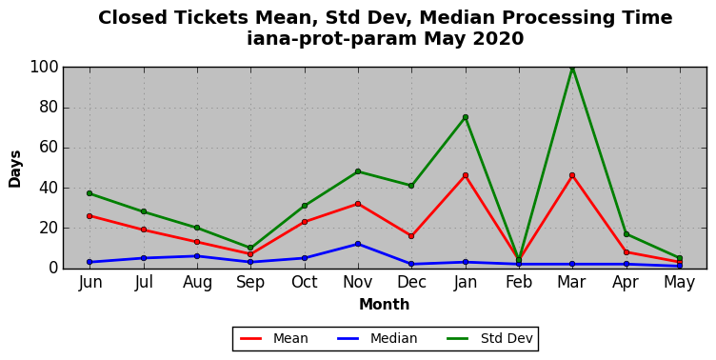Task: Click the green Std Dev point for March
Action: point(572,68)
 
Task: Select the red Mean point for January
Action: point(466,175)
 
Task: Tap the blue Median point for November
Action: point(358,244)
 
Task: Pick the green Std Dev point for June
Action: point(89,193)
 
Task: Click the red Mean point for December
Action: point(411,236)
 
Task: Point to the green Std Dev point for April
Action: point(626,234)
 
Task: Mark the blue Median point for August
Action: point(197,256)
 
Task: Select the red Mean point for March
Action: point(572,175)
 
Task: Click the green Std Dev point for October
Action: point(305,206)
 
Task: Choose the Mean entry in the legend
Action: point(274,338)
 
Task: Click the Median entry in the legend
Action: point(377,338)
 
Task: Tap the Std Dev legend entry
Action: point(489,338)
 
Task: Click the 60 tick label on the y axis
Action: point(49,148)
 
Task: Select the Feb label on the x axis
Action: point(519,282)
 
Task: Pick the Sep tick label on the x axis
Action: point(250,283)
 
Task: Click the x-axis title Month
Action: point(384,304)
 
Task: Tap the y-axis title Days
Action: point(14,169)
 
